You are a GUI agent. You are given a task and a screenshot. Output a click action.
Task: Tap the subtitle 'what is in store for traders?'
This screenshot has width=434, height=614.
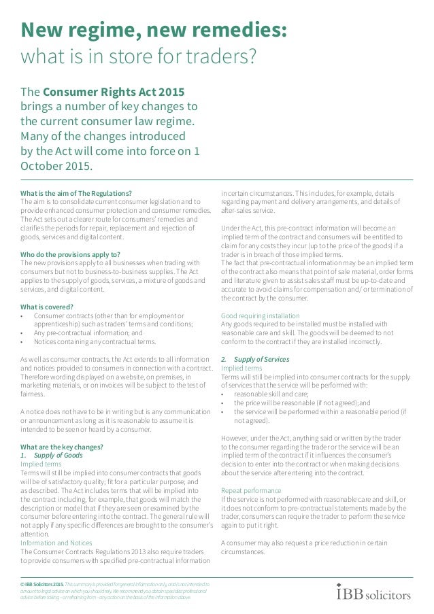pos(139,58)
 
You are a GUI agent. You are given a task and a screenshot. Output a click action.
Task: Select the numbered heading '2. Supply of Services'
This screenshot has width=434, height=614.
pos(255,359)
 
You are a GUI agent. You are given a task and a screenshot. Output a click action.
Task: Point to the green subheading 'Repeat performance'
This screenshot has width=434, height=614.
pos(251,490)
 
